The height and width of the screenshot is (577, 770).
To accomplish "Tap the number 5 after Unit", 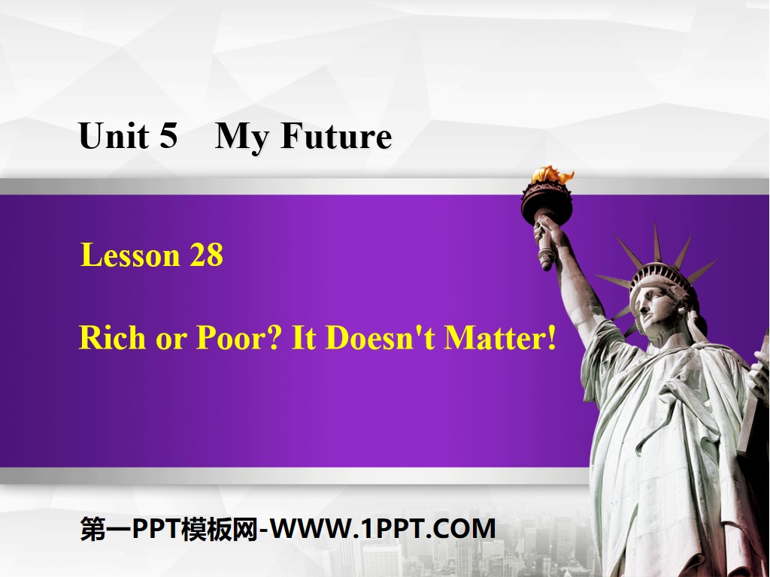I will coord(167,137).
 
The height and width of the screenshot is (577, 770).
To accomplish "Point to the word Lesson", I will coord(129,255).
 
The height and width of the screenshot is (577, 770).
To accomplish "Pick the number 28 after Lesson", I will coord(206,255).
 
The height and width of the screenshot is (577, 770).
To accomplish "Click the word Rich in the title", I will coord(111,338).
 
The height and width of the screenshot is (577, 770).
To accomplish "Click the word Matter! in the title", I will coord(500,338).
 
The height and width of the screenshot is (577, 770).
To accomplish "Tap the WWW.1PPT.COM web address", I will coord(383,529).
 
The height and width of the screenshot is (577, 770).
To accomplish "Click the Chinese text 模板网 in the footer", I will coord(223,529).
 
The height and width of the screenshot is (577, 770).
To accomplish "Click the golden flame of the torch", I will coord(552,176).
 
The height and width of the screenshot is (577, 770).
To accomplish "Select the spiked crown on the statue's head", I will coord(662,263).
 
